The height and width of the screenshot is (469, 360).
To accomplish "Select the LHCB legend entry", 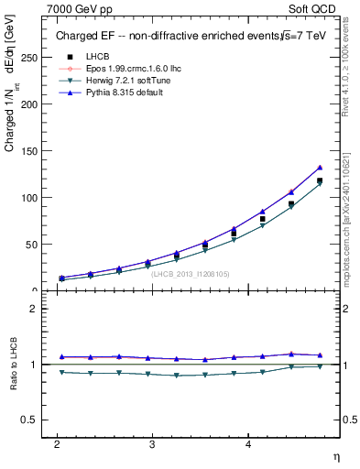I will (85, 57).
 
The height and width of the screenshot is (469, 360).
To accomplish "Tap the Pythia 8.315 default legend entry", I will (108, 93).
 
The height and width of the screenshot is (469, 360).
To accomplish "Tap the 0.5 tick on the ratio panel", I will (29, 420).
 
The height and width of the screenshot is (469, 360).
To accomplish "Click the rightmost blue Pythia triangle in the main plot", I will (320, 168).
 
